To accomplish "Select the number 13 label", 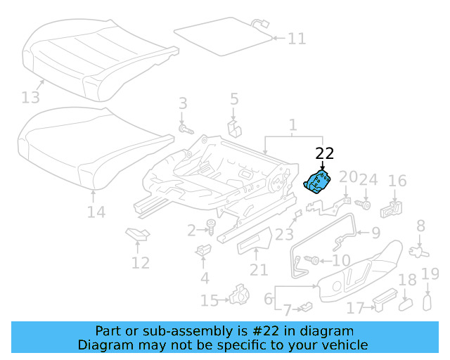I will pos(31,96).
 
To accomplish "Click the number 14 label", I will pos(96,212).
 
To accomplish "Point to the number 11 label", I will pos(297,38).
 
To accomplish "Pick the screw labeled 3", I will pos(186,129).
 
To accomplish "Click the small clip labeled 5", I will pos(234,129).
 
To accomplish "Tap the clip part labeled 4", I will pos(204,250).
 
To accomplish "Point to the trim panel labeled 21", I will pos(255,242).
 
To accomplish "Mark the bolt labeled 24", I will pos(366,205).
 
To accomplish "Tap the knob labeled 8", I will pos(420,249).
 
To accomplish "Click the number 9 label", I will pos(375,232).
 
